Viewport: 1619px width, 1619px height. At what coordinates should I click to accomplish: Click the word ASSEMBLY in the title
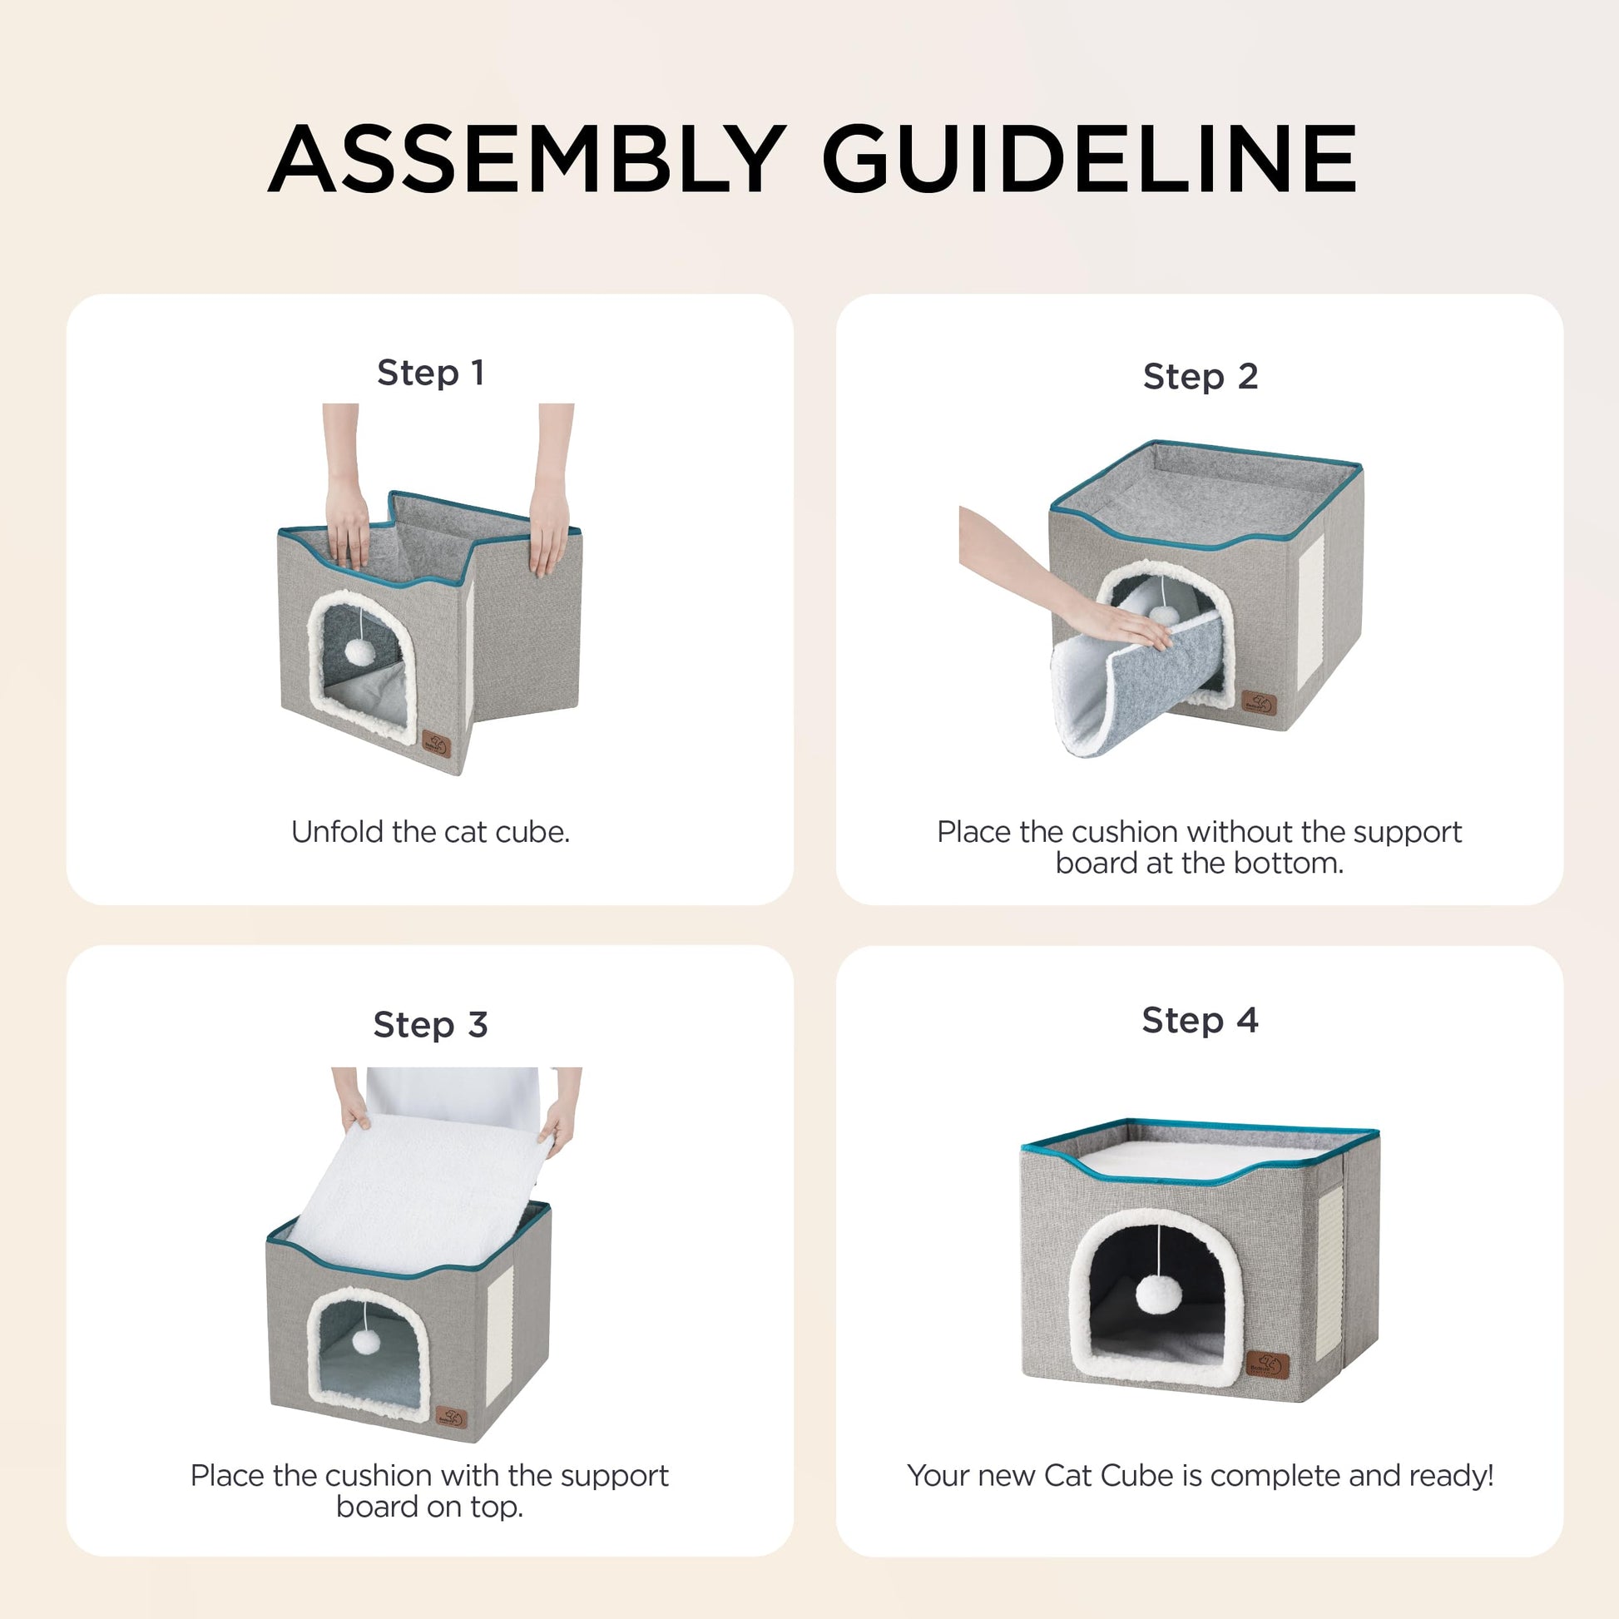click(x=527, y=159)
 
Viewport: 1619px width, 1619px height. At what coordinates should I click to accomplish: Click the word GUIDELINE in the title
click(x=1088, y=159)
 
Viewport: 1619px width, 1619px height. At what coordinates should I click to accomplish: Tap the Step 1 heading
click(x=431, y=372)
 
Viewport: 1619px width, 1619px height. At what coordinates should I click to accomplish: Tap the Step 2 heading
click(x=1200, y=376)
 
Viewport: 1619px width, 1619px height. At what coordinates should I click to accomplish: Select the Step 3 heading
click(x=431, y=1024)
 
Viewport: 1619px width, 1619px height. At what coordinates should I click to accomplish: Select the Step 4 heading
click(x=1200, y=1020)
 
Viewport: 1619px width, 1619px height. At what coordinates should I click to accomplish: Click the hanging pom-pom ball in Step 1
click(x=359, y=652)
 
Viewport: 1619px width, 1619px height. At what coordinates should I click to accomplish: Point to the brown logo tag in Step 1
click(x=437, y=744)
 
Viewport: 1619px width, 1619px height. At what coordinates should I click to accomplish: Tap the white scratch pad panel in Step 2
click(x=1310, y=611)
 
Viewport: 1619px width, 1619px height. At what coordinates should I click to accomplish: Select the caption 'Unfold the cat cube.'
click(x=431, y=832)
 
